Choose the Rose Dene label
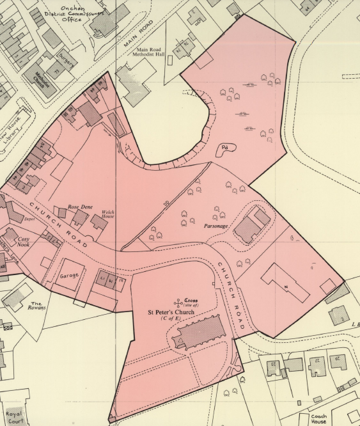tap(81, 208)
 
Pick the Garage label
tap(69, 276)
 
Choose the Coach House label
tap(318, 419)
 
